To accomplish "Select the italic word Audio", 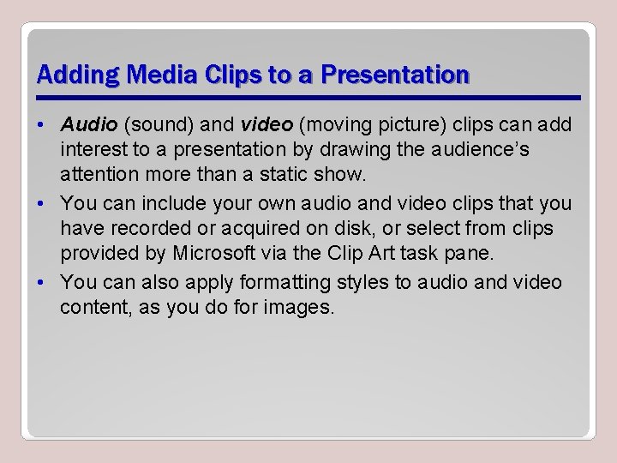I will click(x=89, y=126).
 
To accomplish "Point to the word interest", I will click(x=92, y=150).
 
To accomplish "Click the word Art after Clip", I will click(x=383, y=253).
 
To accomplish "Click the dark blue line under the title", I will click(x=308, y=97).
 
